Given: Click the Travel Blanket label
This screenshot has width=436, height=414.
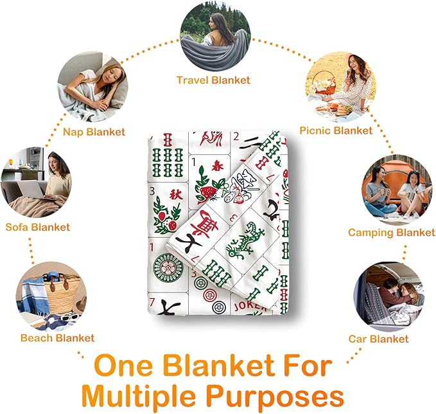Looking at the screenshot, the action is (213, 80).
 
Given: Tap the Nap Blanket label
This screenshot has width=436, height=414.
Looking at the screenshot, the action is (94, 132).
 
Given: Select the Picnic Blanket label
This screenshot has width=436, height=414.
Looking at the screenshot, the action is (336, 130).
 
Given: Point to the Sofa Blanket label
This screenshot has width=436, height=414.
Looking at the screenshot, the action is (37, 227).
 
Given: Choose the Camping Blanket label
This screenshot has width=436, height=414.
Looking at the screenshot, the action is (392, 233).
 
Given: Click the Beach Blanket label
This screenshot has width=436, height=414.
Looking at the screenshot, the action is (58, 338).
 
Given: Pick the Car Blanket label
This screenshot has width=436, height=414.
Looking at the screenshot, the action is (378, 339).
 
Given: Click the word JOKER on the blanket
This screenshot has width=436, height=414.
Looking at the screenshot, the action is (249, 306).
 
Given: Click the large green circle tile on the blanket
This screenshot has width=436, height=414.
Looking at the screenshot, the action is (168, 268).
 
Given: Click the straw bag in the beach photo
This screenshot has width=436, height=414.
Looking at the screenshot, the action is (62, 292).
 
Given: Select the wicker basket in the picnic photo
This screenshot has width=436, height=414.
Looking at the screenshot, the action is (324, 84).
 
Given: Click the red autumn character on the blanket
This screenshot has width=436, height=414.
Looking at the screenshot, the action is (176, 194).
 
